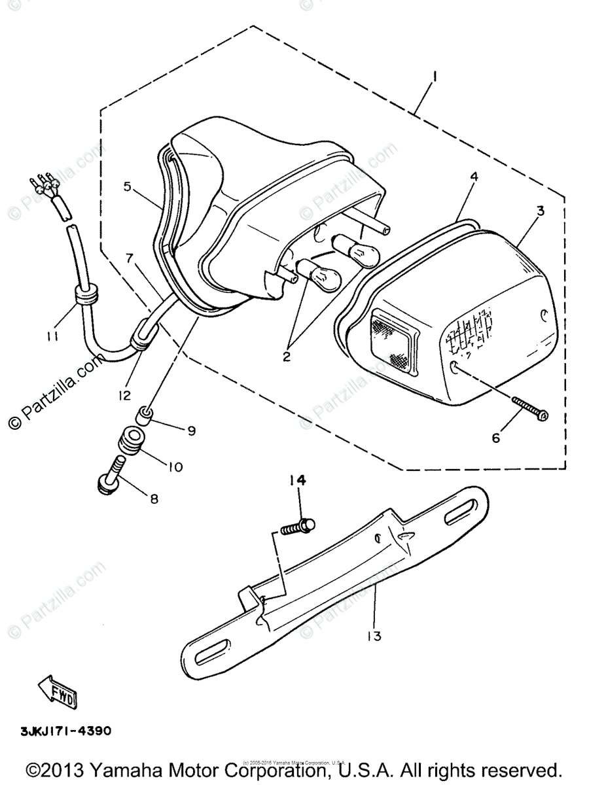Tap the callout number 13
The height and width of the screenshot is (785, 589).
click(x=374, y=635)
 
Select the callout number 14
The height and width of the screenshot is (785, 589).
click(x=298, y=481)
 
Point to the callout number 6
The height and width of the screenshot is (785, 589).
click(x=495, y=438)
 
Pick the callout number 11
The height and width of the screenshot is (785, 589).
click(x=52, y=336)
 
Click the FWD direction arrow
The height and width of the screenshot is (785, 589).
click(x=58, y=689)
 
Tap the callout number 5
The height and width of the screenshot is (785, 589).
click(x=128, y=186)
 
